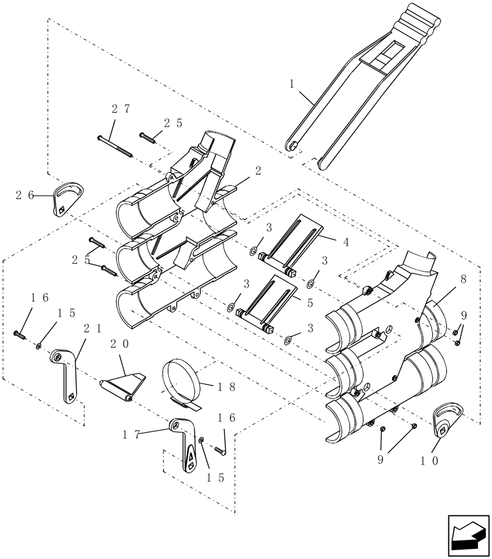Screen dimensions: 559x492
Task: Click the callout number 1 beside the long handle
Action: tap(291, 84)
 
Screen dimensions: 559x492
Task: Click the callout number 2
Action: tap(258, 172)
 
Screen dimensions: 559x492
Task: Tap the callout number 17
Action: tap(132, 433)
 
